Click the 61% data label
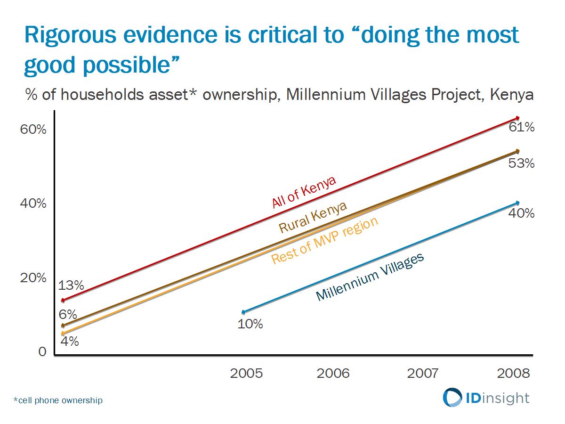coord(521,127)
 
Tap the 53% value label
coord(521,163)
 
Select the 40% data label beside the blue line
coord(521,213)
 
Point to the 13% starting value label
coord(71,285)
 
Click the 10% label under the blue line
coord(250,324)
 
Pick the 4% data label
coord(69,341)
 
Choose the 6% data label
coord(67,315)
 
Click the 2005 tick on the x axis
coord(246,374)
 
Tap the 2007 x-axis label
coord(422,374)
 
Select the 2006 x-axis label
coord(333,374)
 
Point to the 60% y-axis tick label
coord(33,130)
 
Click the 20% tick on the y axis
coord(33,278)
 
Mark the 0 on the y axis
coord(42,352)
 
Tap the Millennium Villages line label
coord(370,277)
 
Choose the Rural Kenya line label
coord(313,217)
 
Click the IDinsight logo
coord(486,398)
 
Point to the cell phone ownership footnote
coord(58,401)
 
